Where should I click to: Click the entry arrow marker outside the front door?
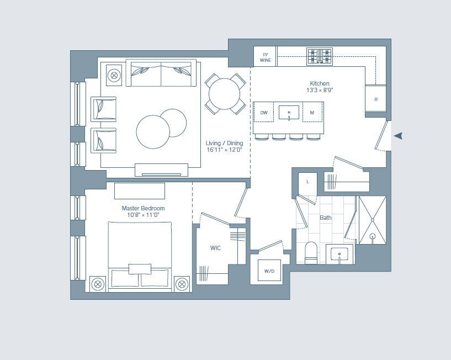(397, 136)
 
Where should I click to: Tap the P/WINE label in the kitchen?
(265, 57)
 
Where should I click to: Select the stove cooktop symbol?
(320, 56)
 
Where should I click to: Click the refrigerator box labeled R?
(376, 99)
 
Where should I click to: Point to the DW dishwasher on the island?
(264, 113)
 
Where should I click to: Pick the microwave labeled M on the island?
(312, 113)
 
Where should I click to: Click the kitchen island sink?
(288, 113)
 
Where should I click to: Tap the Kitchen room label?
(320, 87)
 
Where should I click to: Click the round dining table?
(225, 93)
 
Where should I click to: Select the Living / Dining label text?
(224, 146)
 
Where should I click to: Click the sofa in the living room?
(161, 73)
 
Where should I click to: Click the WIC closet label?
(215, 248)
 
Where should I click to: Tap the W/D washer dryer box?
(269, 271)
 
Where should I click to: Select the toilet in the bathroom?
(311, 252)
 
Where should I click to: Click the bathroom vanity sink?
(338, 255)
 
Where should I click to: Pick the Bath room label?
(326, 218)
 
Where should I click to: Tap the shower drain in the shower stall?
(373, 237)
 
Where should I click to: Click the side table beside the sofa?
(114, 75)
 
